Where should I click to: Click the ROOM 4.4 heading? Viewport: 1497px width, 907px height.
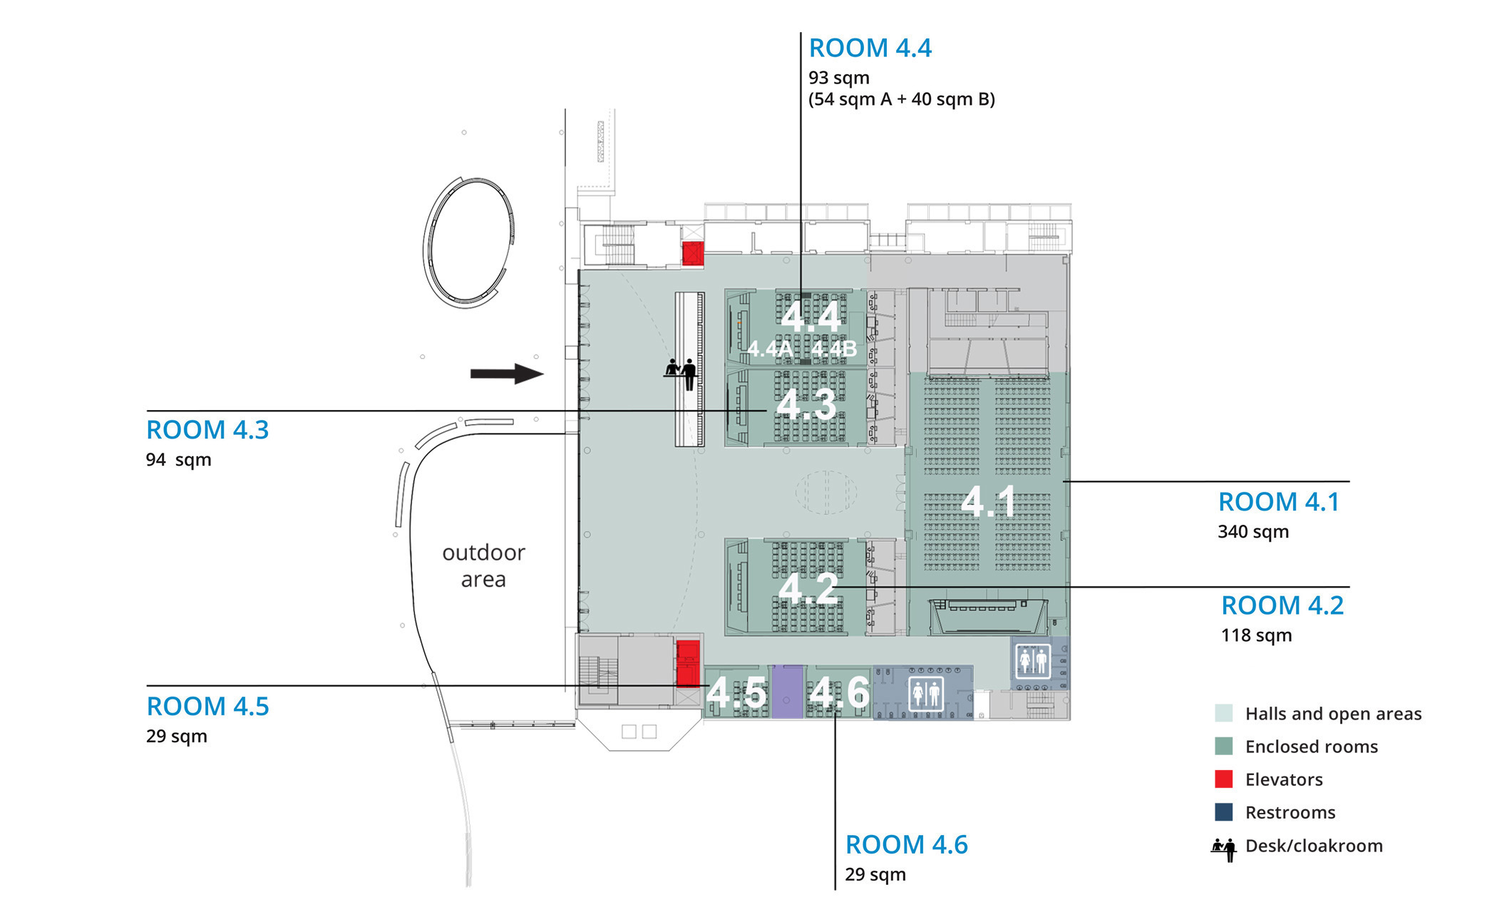(870, 48)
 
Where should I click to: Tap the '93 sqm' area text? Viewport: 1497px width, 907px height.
(838, 78)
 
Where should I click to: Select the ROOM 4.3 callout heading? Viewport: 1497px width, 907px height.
(207, 430)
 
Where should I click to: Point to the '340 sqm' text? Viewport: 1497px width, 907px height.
(1253, 532)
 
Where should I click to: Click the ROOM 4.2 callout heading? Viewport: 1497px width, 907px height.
(1282, 605)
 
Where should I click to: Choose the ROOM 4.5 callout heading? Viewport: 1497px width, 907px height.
(207, 707)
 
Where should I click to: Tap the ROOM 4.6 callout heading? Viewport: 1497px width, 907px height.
(907, 845)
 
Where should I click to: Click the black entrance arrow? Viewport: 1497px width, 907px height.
(507, 374)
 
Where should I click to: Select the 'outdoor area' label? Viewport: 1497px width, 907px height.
(483, 565)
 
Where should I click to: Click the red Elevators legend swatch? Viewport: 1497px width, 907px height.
(1224, 779)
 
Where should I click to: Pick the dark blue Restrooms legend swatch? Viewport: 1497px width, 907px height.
(1224, 812)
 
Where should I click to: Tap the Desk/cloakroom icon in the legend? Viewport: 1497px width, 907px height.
(1224, 849)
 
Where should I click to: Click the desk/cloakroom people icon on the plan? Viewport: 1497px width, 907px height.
(681, 373)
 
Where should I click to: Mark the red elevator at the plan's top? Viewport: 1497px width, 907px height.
(693, 254)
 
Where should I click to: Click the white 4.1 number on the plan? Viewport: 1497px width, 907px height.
(988, 501)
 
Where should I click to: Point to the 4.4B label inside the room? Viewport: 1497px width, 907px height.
(833, 349)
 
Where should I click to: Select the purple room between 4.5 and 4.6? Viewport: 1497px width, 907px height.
(787, 692)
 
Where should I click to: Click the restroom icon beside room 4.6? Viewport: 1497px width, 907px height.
(925, 693)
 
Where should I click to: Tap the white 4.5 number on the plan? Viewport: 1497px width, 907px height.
(736, 693)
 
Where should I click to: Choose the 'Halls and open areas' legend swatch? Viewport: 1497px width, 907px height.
(1224, 714)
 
